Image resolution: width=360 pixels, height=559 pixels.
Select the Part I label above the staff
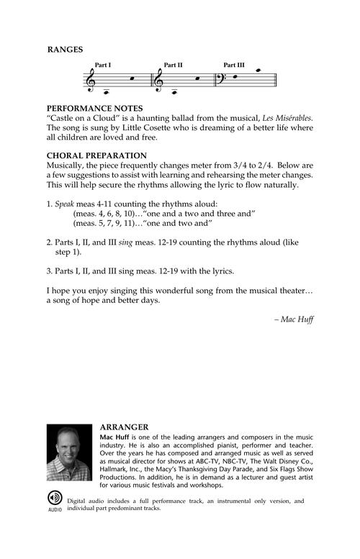[103, 65]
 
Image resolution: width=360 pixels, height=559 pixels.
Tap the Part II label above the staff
[173, 65]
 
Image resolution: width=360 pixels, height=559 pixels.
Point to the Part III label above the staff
[235, 65]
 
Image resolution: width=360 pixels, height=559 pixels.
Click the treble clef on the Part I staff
[91, 81]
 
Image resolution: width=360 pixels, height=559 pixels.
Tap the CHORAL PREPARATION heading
[96, 155]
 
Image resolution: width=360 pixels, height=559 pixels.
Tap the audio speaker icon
[55, 501]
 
